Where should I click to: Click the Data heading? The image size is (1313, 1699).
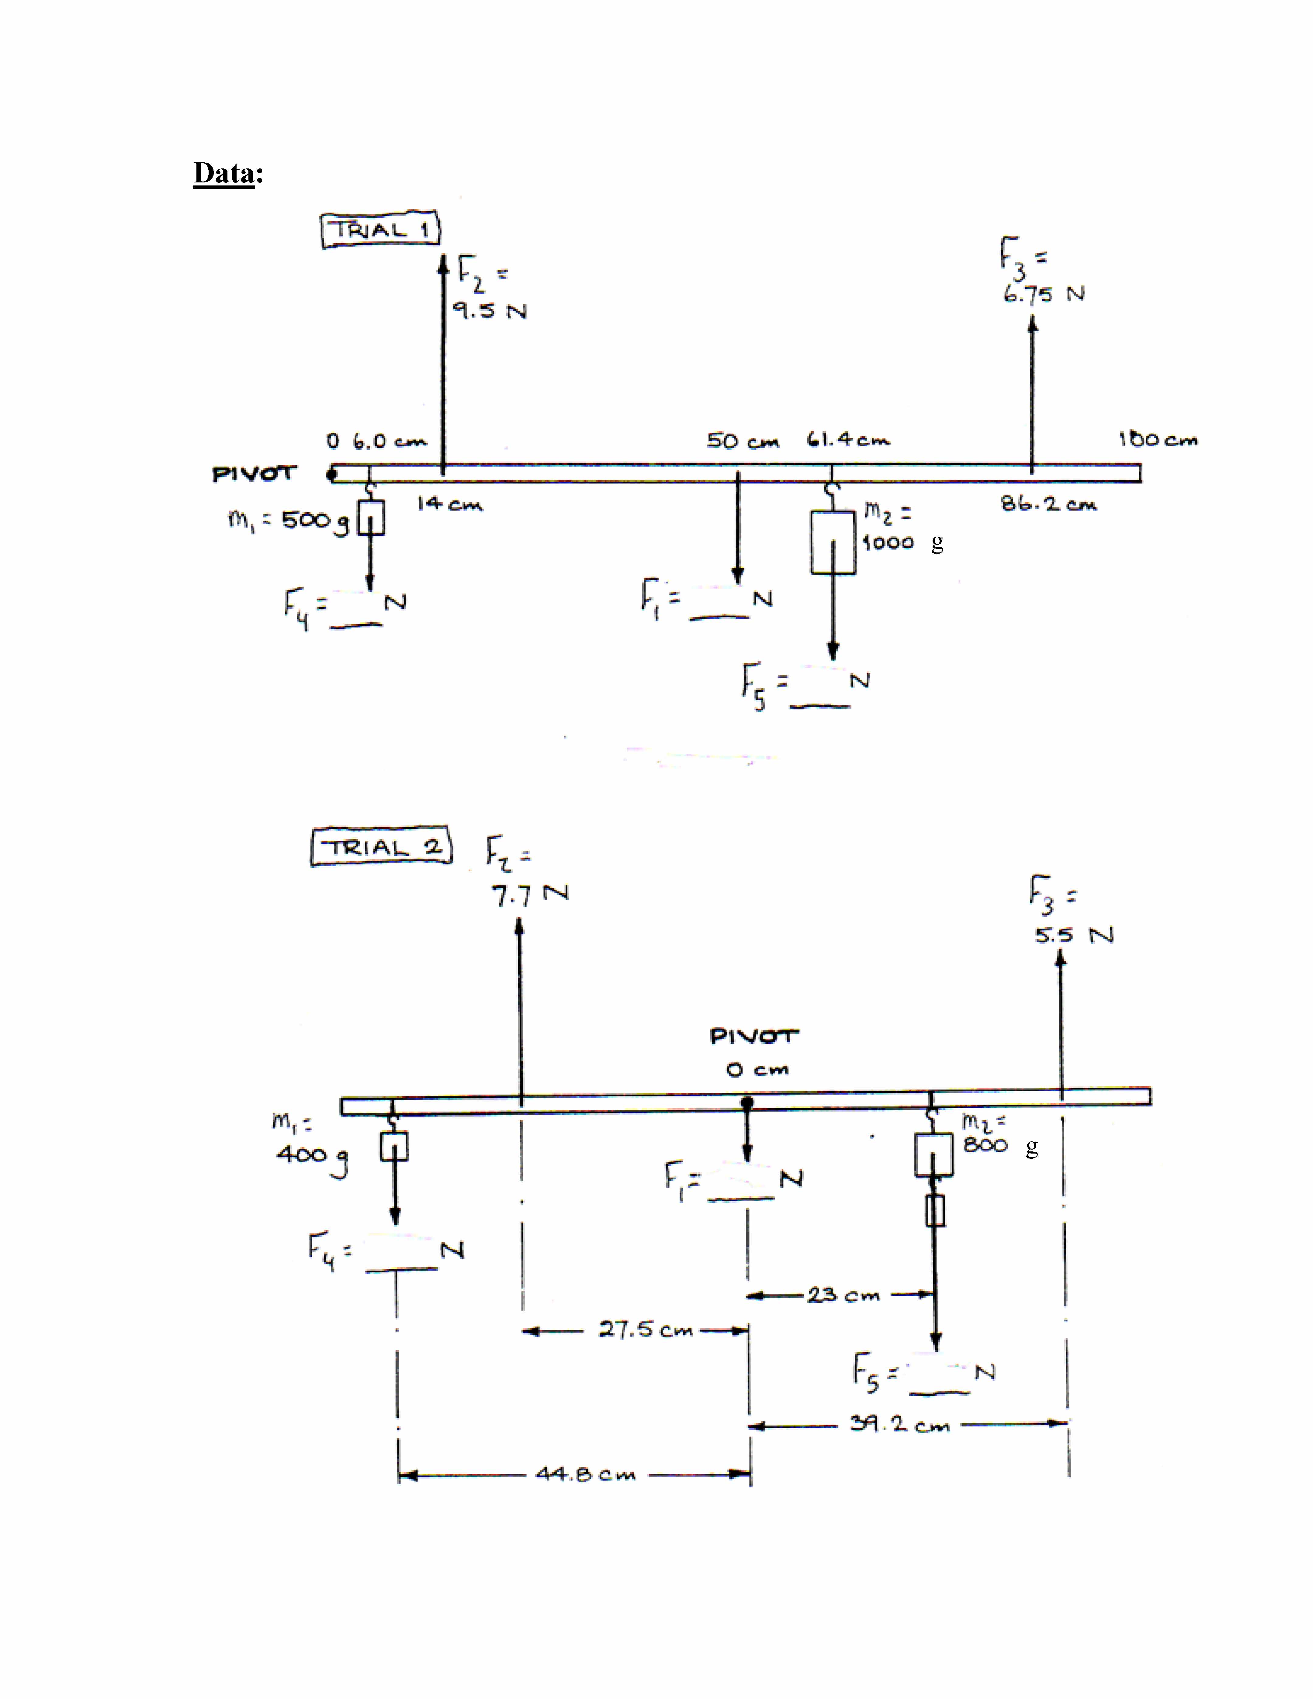pyautogui.click(x=228, y=173)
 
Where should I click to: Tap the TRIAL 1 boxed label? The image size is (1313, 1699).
pyautogui.click(x=380, y=230)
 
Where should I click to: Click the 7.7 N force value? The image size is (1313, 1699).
pyautogui.click(x=529, y=895)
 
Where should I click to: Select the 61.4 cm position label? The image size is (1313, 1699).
pyautogui.click(x=848, y=440)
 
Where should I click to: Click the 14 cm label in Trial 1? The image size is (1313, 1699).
pyautogui.click(x=450, y=504)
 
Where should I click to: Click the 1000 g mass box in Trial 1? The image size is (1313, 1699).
pyautogui.click(x=832, y=542)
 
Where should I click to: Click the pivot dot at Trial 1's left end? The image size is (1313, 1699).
pyautogui.click(x=331, y=473)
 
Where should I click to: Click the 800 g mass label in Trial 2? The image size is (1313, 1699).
pyautogui.click(x=986, y=1145)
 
